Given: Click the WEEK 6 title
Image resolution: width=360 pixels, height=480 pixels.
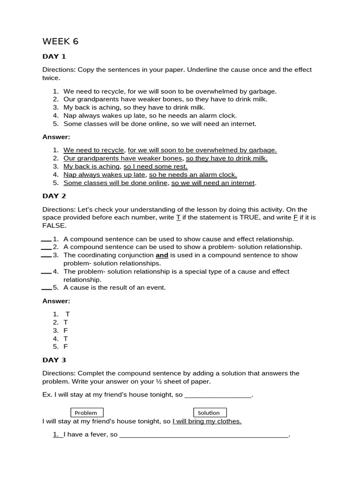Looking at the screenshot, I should pyautogui.click(x=60, y=42).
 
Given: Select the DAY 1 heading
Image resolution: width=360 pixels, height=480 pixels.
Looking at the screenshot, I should pyautogui.click(x=54, y=57).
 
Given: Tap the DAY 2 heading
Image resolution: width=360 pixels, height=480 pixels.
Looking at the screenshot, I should pyautogui.click(x=54, y=196).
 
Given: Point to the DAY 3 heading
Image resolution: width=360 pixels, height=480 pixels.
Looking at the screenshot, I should pyautogui.click(x=54, y=360).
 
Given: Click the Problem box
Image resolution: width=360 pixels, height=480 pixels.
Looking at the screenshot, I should pyautogui.click(x=86, y=412).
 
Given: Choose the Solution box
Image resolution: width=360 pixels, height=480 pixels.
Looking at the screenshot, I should pyautogui.click(x=209, y=412).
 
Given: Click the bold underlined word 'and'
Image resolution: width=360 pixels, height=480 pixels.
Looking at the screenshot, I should pyautogui.click(x=162, y=255).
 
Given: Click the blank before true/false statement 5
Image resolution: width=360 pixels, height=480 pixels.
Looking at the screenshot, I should pyautogui.click(x=46, y=288).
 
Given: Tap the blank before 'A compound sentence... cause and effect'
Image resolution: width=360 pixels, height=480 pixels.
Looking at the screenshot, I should pyautogui.click(x=46, y=240).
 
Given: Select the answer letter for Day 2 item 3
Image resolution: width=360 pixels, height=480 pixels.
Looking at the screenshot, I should pyautogui.click(x=66, y=330).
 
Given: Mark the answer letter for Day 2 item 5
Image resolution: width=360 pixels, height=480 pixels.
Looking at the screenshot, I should pyautogui.click(x=66, y=347).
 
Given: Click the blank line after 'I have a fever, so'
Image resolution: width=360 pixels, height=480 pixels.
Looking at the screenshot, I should pyautogui.click(x=203, y=435).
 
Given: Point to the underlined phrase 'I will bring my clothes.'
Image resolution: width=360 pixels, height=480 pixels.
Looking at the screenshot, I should pyautogui.click(x=207, y=421).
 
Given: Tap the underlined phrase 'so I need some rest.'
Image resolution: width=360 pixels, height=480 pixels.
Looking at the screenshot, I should pyautogui.click(x=155, y=166).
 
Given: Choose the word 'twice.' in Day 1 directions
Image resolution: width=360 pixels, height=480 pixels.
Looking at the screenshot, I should pyautogui.click(x=52, y=78).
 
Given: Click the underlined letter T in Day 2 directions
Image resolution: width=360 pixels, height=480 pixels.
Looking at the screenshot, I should pyautogui.click(x=178, y=217).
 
